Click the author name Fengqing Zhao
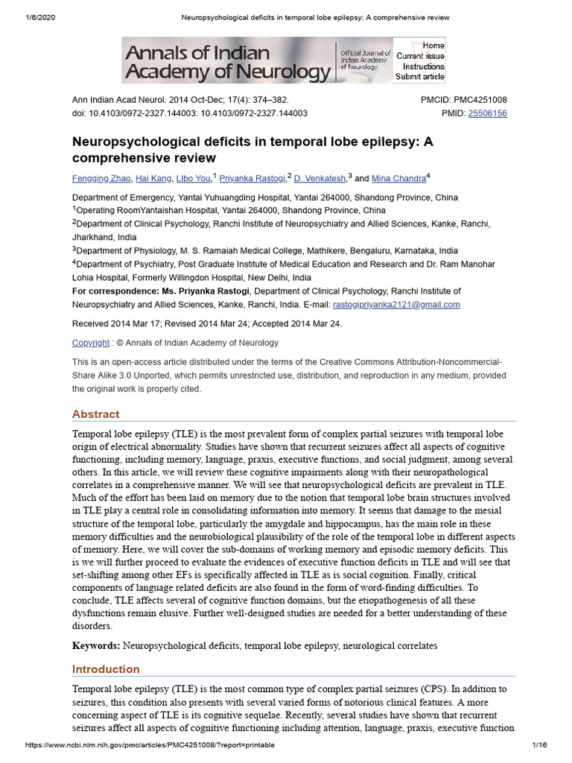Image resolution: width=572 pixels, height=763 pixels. tap(101, 179)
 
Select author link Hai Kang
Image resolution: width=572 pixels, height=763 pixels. tap(154, 179)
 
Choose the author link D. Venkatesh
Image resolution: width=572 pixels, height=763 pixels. tap(320, 179)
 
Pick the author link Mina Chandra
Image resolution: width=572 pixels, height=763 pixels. tap(398, 179)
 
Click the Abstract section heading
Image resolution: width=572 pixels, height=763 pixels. tap(95, 414)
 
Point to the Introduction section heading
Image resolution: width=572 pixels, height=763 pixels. tap(106, 669)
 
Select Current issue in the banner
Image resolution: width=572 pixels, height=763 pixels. tap(420, 57)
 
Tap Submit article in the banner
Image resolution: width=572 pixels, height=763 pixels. tap(420, 77)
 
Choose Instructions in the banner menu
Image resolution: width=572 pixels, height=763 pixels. tap(424, 67)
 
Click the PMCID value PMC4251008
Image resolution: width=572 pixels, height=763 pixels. tap(480, 100)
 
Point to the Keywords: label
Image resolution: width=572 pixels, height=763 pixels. tap(95, 645)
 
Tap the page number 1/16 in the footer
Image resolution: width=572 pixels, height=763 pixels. tap(540, 745)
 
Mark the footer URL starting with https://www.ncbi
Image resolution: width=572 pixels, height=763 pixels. tap(150, 745)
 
